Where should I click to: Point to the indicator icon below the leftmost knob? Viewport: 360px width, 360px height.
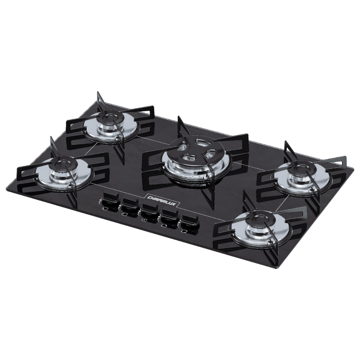(104, 208)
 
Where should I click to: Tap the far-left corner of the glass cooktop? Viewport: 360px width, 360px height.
(8, 187)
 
